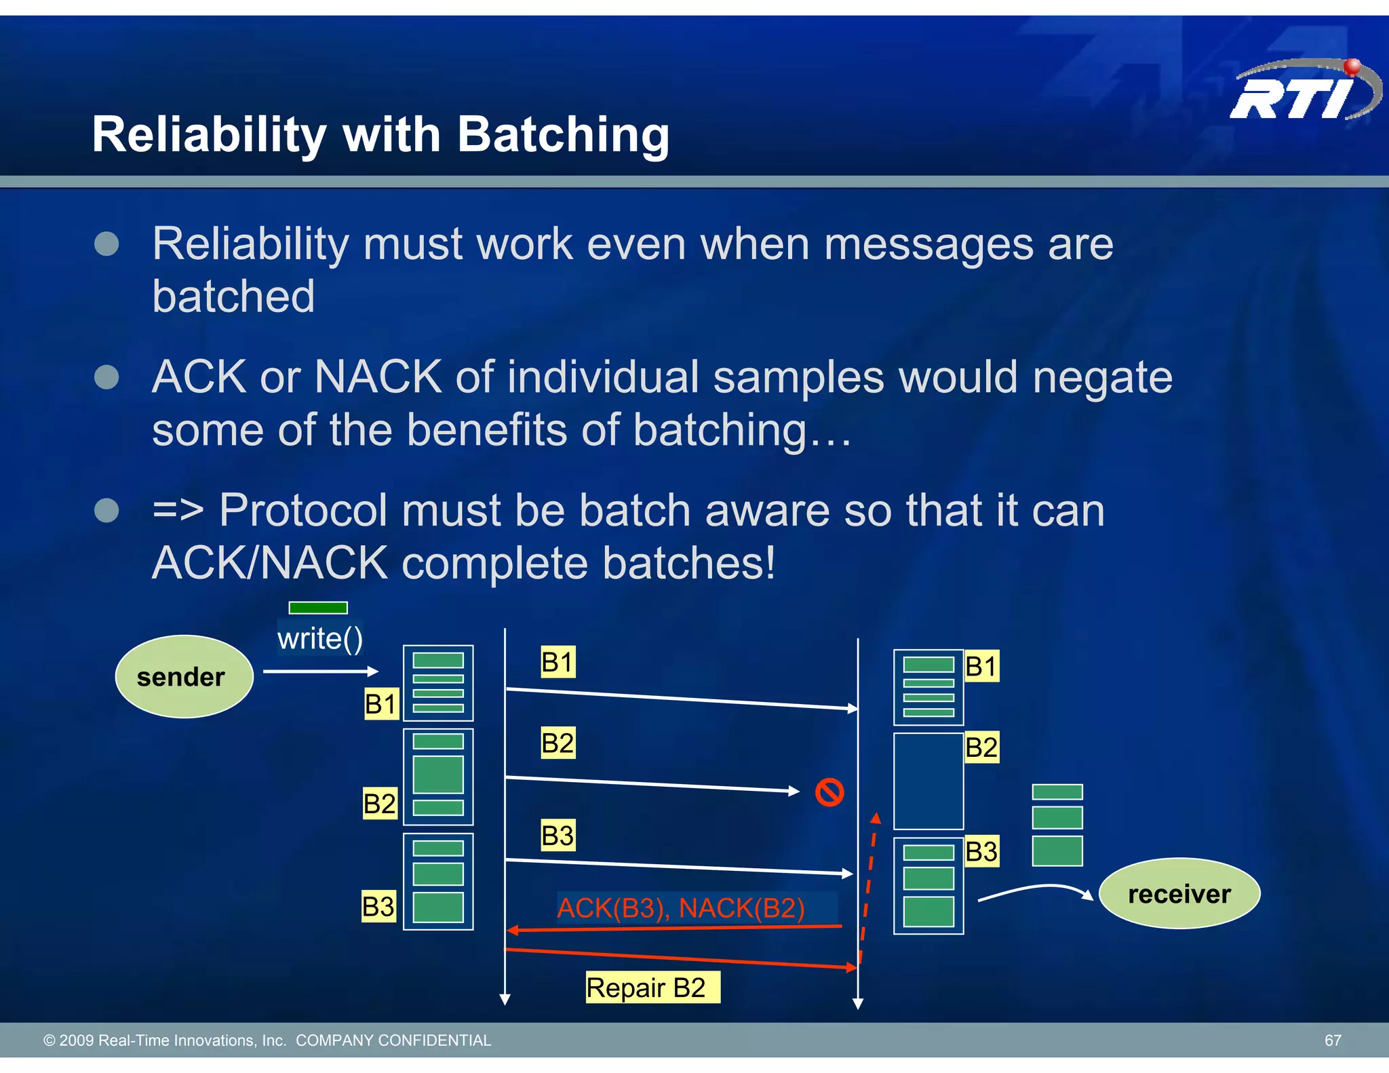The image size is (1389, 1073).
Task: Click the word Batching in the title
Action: click(563, 134)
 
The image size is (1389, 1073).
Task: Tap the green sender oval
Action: click(184, 676)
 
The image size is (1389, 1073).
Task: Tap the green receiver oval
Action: click(1179, 893)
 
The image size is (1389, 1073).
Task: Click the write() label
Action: click(319, 639)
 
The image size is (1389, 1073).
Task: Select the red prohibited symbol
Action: click(829, 792)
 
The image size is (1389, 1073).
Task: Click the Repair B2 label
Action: click(651, 988)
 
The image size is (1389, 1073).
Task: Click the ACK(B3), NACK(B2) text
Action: click(680, 908)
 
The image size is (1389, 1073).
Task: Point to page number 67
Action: click(1332, 1040)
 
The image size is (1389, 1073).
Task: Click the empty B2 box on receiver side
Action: click(928, 781)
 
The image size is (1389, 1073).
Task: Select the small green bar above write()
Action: click(317, 608)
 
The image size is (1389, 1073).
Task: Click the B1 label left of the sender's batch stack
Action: click(380, 704)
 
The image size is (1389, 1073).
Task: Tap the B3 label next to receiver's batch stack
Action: click(981, 851)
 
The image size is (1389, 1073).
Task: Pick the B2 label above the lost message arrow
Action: click(557, 743)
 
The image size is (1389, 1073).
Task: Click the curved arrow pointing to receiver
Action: click(1034, 890)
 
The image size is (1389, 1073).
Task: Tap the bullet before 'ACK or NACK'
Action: click(106, 377)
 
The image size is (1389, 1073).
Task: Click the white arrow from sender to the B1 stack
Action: click(320, 671)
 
